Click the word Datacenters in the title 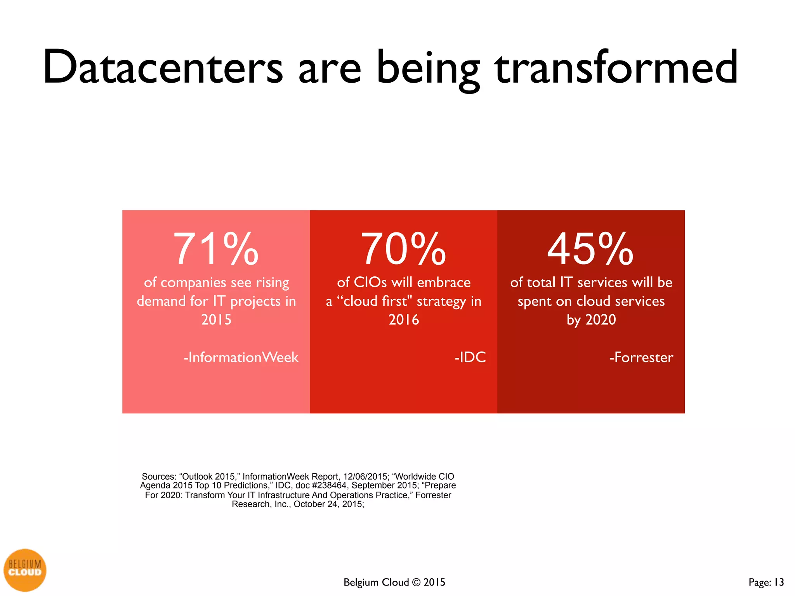pyautogui.click(x=163, y=68)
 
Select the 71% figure pyautogui.click(x=216, y=249)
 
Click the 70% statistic pyautogui.click(x=403, y=249)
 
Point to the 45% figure pyautogui.click(x=590, y=249)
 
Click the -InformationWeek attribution pyautogui.click(x=241, y=357)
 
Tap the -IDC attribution pyautogui.click(x=470, y=357)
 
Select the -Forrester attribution pyautogui.click(x=641, y=357)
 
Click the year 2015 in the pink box pyautogui.click(x=216, y=320)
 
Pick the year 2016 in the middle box pyautogui.click(x=404, y=320)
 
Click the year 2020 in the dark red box pyautogui.click(x=601, y=320)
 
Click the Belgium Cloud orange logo pyautogui.click(x=25, y=570)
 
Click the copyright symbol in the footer pyautogui.click(x=417, y=582)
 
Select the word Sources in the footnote pyautogui.click(x=159, y=476)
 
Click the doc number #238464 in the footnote pyautogui.click(x=329, y=485)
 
